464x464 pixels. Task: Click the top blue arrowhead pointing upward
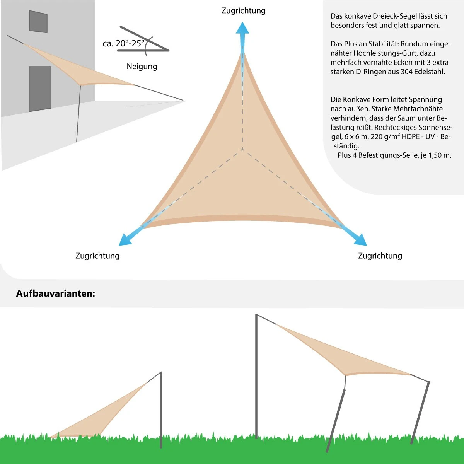pyautogui.click(x=242, y=28)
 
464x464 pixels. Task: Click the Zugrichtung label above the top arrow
pyautogui.click(x=243, y=10)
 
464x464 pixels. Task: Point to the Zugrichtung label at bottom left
pyautogui.click(x=97, y=256)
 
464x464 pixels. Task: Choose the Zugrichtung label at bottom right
pyautogui.click(x=380, y=256)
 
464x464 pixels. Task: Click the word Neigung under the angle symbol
pyautogui.click(x=142, y=67)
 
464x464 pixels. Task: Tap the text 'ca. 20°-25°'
pyautogui.click(x=123, y=43)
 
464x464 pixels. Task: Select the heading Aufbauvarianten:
pyautogui.click(x=55, y=293)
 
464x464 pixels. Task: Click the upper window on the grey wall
pyautogui.click(x=38, y=22)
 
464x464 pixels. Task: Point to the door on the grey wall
pyautogui.click(x=40, y=89)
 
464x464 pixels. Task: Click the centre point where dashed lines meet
pyautogui.click(x=242, y=149)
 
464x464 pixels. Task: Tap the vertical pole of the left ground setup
pyautogui.click(x=161, y=410)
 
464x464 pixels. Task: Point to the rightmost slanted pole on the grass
pyautogui.click(x=420, y=412)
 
